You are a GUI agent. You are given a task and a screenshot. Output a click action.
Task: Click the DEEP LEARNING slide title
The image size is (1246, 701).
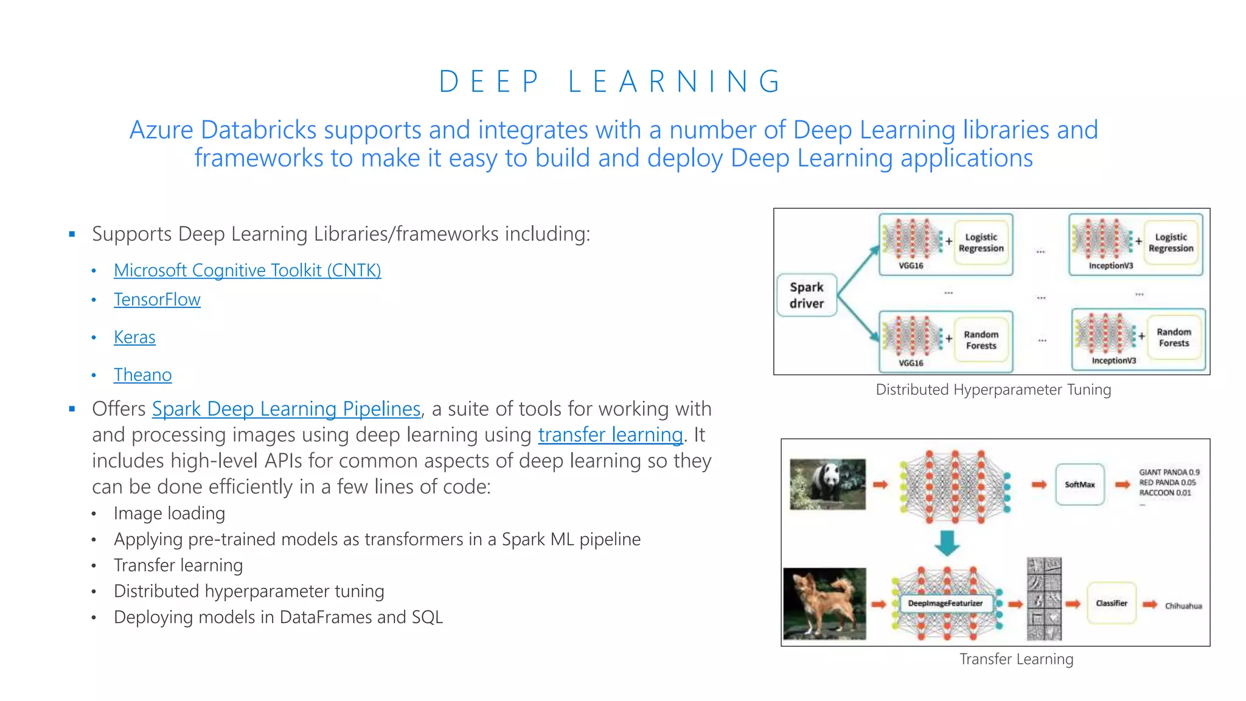610,82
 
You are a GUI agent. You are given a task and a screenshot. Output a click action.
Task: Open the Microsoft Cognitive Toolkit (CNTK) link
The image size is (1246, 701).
247,270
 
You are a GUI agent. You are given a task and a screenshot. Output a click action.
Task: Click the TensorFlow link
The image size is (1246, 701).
157,299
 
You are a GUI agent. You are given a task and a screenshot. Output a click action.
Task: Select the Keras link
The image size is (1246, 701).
134,337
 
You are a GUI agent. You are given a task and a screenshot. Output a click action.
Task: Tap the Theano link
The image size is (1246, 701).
142,375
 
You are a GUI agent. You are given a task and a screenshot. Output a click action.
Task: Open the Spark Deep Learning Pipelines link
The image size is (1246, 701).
286,409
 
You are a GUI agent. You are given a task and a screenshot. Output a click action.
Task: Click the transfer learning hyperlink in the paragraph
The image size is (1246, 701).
610,435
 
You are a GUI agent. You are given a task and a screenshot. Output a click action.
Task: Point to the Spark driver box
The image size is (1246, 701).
807,295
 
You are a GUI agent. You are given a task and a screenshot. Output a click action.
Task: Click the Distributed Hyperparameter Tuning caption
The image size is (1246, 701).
993,389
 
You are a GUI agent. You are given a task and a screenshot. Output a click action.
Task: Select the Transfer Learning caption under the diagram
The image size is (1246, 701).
1016,659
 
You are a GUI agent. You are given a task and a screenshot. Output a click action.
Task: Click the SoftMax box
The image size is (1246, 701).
1079,484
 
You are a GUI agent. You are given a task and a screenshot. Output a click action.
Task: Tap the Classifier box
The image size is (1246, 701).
1111,603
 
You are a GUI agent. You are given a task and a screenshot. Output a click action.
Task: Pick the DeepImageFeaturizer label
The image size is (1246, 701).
945,603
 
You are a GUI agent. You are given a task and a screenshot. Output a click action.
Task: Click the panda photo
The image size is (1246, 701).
827,484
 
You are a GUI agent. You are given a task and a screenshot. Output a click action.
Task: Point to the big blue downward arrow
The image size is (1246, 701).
947,542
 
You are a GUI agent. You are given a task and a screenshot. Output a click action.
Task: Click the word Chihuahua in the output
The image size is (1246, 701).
1183,606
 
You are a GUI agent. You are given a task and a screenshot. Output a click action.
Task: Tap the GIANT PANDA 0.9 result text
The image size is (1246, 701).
1169,472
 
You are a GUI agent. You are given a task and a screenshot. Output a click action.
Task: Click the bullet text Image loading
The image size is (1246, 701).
169,514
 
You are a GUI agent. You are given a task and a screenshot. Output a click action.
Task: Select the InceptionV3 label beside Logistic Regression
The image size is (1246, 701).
1110,266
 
